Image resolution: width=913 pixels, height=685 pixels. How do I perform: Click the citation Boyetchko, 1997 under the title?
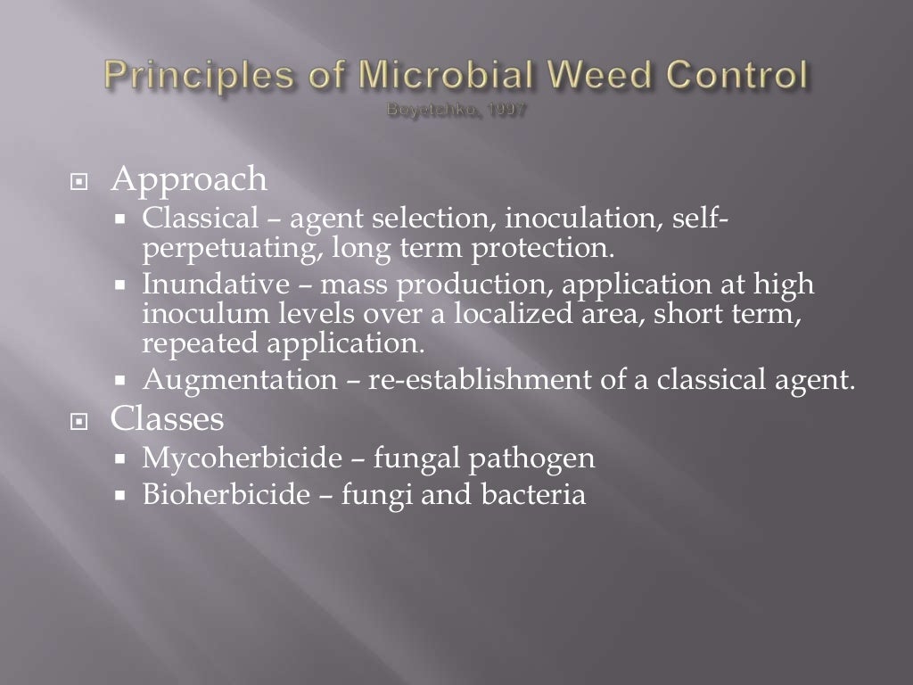456,111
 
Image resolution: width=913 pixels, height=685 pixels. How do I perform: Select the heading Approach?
189,179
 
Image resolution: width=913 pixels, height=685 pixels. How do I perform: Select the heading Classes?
168,417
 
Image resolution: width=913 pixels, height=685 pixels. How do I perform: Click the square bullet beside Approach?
81,181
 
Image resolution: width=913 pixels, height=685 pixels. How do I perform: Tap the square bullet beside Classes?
81,419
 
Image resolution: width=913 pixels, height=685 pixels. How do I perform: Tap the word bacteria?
537,495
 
